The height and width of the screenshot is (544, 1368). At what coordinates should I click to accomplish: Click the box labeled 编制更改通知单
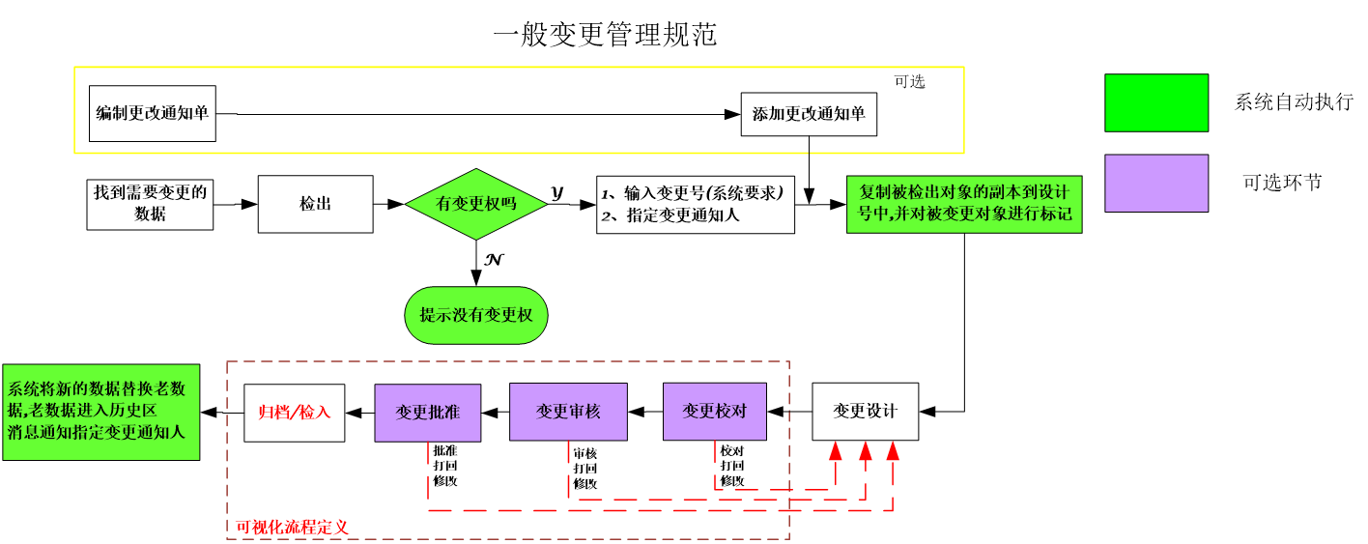click(x=152, y=114)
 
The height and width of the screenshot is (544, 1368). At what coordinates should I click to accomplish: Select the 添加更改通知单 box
click(x=809, y=114)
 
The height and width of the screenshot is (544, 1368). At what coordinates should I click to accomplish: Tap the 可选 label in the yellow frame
click(x=909, y=82)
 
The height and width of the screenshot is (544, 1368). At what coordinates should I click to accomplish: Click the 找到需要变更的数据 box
click(x=150, y=203)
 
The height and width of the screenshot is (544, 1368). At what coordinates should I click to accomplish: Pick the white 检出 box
click(x=315, y=204)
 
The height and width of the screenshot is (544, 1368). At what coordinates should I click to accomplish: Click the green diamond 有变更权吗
click(x=476, y=204)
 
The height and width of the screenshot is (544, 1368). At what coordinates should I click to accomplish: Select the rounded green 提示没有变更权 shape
click(x=476, y=315)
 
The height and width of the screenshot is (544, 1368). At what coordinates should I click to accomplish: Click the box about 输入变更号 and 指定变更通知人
click(x=695, y=204)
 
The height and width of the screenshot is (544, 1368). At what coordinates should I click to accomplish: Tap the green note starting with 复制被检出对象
click(x=964, y=204)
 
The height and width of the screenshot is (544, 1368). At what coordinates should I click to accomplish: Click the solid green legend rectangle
click(x=1156, y=102)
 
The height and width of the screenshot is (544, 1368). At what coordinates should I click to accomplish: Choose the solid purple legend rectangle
click(x=1156, y=183)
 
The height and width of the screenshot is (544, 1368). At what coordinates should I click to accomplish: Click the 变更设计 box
click(x=865, y=412)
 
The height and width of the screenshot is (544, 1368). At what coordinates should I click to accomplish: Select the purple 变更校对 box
click(x=714, y=411)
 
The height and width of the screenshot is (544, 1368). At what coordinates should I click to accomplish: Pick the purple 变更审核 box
click(x=568, y=412)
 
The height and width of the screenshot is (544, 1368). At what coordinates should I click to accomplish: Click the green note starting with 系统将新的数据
click(x=100, y=412)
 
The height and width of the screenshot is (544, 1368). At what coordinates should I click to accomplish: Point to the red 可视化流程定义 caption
click(x=293, y=528)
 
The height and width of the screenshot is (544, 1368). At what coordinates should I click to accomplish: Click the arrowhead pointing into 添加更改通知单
click(x=732, y=114)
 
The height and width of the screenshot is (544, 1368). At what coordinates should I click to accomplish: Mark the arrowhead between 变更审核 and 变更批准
click(x=490, y=413)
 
